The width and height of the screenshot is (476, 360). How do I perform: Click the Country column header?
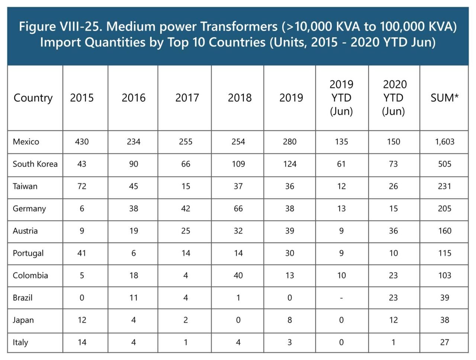[33, 98]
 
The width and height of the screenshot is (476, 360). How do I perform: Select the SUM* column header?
[444, 98]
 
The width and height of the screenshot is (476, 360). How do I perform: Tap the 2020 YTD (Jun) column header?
[394, 98]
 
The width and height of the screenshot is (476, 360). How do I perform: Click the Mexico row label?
[26, 142]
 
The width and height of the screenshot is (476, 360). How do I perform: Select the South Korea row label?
[35, 164]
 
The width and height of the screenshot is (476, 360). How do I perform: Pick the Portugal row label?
[28, 253]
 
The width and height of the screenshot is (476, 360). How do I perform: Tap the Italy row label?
[20, 343]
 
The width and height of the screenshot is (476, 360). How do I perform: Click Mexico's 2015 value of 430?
[82, 142]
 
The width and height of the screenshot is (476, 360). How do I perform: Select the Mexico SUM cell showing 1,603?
[445, 142]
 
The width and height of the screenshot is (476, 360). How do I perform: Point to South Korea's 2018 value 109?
[238, 164]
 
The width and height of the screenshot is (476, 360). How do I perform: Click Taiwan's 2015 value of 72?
[82, 186]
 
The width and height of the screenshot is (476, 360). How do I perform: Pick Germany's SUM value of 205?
[445, 209]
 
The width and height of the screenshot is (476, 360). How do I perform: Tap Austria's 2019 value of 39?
[290, 231]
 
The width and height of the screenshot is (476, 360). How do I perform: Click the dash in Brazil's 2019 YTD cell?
[341, 298]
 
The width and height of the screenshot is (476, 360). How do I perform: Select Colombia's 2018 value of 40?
[238, 276]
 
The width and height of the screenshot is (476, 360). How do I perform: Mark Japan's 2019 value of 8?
[290, 320]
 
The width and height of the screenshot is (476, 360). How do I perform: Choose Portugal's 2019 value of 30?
[290, 253]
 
